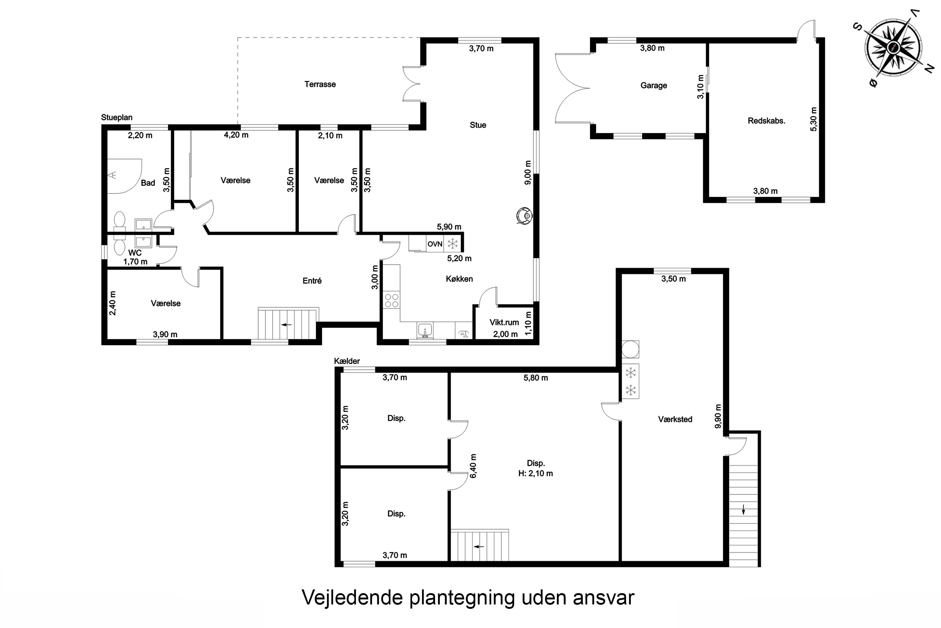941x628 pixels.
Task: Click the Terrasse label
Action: pos(320,84)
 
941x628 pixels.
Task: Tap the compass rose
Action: pos(893,48)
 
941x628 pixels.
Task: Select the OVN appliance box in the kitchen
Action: pos(435,244)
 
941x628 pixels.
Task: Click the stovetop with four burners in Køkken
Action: pos(391,300)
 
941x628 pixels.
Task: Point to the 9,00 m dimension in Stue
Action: pos(528,173)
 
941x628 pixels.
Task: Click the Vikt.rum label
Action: pos(504,322)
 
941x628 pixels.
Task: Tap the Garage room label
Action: pos(653,85)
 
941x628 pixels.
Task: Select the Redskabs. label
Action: pos(766,121)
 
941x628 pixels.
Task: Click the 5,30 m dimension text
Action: pos(814,119)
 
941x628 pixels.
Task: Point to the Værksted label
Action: pos(675,419)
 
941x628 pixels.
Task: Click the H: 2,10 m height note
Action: pos(535,474)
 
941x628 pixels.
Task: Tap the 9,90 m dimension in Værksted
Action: pos(718,416)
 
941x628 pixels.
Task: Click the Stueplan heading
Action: pos(116,117)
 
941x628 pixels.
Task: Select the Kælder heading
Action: pos(347,361)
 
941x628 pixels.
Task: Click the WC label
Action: pos(135,253)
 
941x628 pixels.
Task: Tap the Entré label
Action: pos(312,281)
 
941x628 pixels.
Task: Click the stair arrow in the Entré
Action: pos(286,324)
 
